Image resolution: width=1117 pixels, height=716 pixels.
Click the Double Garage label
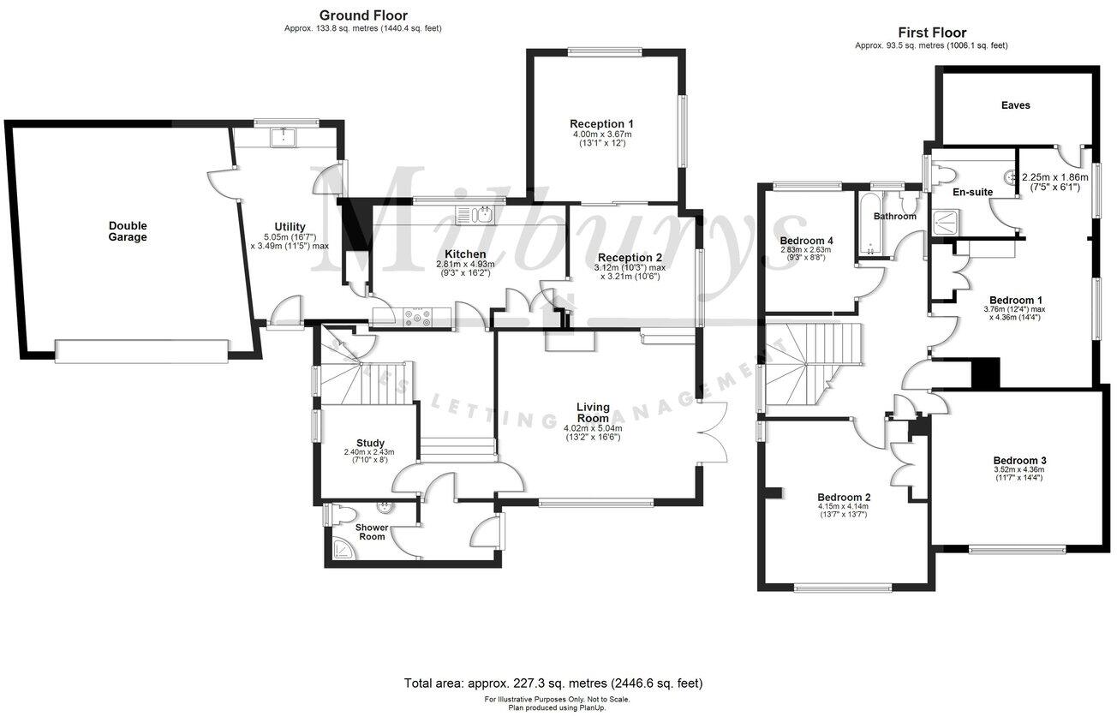point(128,231)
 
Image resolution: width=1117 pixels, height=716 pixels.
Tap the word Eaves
point(1015,105)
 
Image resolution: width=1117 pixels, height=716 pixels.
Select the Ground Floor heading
point(363,15)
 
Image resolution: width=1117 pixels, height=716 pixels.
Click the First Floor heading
point(930,33)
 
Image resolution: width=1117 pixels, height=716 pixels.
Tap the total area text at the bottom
point(553,683)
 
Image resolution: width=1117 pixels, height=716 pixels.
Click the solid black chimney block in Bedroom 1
point(985,373)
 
